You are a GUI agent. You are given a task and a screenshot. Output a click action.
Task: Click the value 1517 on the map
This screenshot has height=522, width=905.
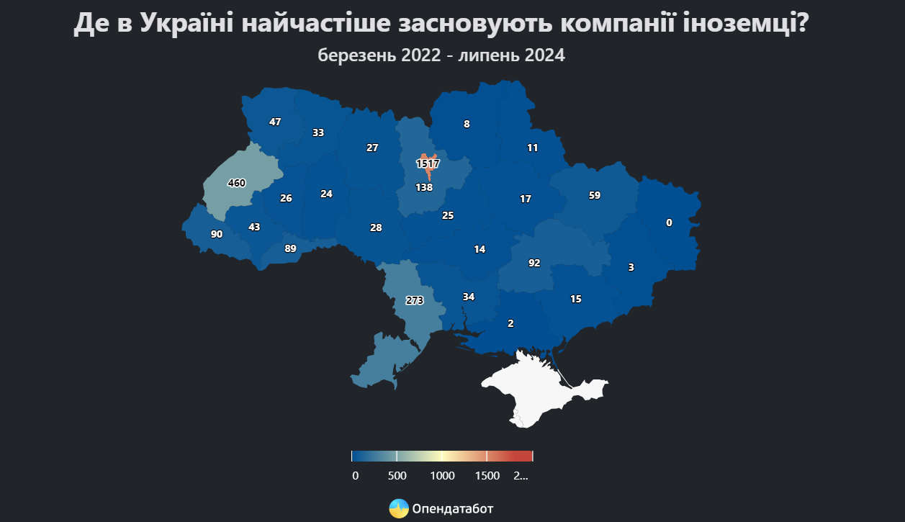[428, 164]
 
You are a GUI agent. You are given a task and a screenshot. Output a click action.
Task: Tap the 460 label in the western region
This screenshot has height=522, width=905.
[236, 183]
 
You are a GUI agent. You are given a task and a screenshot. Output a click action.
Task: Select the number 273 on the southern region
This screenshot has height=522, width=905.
[415, 301]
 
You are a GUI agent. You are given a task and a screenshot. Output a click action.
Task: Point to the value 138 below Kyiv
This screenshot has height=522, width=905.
[424, 187]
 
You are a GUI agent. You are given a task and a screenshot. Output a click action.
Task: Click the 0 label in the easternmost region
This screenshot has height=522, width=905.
[669, 222]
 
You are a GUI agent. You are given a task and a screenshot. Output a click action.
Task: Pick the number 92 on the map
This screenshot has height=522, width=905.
[534, 263]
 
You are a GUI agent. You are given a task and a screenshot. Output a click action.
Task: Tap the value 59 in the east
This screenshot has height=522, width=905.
[594, 195]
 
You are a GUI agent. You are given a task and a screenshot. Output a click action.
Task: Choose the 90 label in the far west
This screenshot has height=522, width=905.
[217, 234]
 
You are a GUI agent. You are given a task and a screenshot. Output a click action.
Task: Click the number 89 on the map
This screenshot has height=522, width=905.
[290, 248]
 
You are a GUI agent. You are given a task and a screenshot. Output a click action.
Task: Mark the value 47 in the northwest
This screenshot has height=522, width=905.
[275, 122]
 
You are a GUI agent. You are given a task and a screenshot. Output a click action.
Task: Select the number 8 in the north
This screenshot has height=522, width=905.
[467, 124]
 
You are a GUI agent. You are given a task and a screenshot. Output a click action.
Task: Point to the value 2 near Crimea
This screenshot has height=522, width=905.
[510, 323]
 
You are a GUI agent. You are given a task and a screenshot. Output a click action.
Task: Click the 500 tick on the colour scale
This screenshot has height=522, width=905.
[397, 475]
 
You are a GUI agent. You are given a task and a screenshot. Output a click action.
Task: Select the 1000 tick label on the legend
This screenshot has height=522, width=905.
[442, 475]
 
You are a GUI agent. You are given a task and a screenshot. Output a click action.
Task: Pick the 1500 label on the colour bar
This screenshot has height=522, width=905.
[487, 475]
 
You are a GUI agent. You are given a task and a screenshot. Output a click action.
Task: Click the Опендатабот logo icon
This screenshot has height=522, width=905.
[399, 508]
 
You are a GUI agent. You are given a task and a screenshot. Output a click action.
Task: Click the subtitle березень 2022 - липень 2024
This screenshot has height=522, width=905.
[441, 55]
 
